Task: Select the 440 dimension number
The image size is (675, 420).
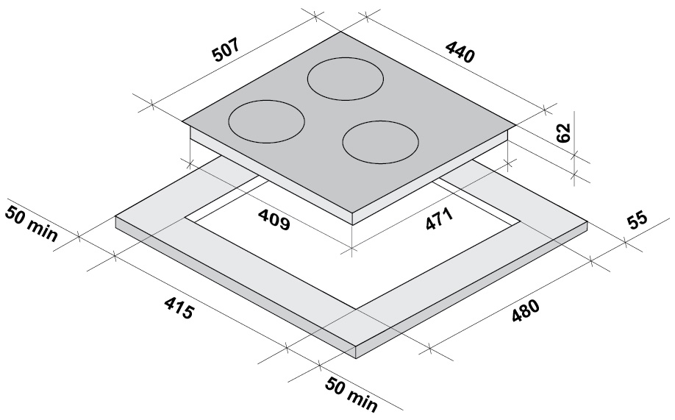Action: pos(460,51)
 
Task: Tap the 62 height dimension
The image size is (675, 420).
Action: pos(563,132)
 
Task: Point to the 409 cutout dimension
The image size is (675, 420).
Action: pos(274,219)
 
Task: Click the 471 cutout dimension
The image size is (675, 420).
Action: pos(439,219)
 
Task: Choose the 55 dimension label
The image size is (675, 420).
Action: pos(637,220)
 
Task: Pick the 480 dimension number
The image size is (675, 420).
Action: pos(525,310)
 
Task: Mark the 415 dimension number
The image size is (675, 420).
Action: pos(178,308)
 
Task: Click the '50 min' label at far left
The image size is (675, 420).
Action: pos(31,223)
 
